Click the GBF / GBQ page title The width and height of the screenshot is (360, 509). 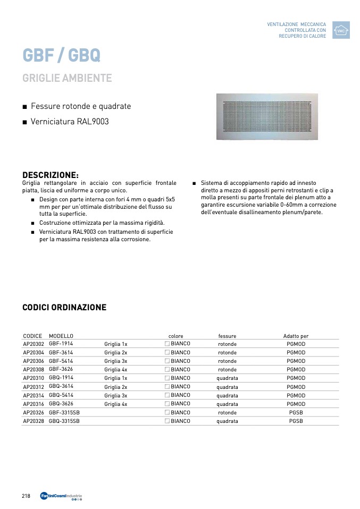tap(61, 55)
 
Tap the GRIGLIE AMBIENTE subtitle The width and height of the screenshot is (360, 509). tap(67, 78)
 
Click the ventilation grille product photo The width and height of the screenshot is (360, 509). tap(266, 117)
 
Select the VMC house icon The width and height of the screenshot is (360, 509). tap(341, 30)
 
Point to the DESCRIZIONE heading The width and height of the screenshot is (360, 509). tap(51, 175)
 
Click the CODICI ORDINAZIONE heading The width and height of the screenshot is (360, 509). tap(64, 308)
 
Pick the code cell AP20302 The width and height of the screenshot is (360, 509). tap(34, 344)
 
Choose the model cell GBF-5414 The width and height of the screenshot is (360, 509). tap(61, 361)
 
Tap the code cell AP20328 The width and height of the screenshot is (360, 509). tap(34, 421)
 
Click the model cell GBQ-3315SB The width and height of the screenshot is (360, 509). tap(64, 421)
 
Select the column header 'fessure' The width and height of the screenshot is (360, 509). tap(227, 336)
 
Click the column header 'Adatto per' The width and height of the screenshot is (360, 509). tap(296, 336)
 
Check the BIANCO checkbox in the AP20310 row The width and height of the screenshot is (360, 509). tap(168, 378)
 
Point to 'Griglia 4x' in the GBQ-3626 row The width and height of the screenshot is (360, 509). tap(115, 404)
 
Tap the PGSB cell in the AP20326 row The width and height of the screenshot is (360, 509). tap(296, 412)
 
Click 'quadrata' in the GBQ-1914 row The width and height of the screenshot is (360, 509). tap(227, 378)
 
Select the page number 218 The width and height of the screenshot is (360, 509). tap(26, 496)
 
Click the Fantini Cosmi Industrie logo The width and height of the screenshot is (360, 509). tap(61, 496)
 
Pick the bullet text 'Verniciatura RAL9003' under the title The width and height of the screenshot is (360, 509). tap(70, 122)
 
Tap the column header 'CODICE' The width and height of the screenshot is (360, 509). tap(32, 336)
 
